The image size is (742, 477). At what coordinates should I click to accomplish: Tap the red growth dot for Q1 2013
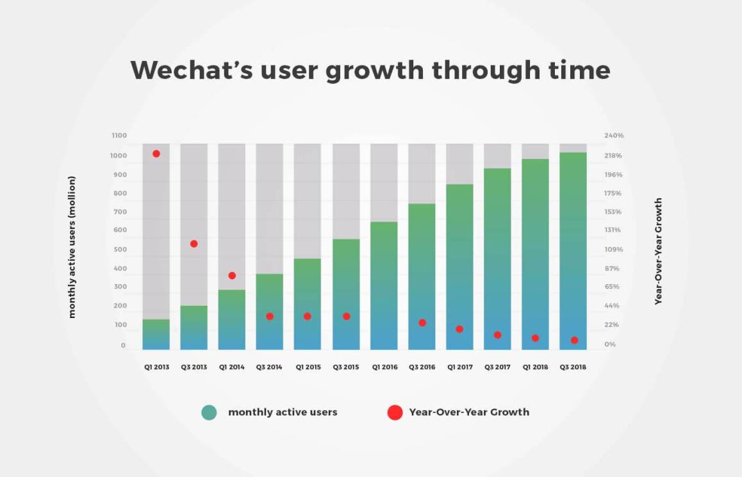point(156,154)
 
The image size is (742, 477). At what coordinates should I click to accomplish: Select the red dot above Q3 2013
point(194,244)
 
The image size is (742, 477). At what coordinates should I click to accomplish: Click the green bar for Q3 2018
point(573,250)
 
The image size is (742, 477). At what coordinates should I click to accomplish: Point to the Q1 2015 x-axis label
point(308,367)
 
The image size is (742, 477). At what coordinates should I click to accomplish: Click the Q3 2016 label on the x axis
point(422,367)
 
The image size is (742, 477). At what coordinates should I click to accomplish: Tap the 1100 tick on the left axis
point(119,136)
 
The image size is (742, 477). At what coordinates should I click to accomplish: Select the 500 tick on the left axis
point(119,249)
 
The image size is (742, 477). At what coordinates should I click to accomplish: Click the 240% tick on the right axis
point(614,136)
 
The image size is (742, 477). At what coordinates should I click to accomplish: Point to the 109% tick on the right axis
point(614,249)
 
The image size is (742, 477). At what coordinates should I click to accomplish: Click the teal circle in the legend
point(209,412)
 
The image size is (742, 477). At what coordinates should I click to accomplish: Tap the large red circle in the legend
point(395,412)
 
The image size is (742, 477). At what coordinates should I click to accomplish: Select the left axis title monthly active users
point(72,247)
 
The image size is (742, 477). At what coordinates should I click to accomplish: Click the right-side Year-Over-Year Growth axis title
point(658,251)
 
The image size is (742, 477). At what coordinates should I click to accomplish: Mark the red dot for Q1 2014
point(232,276)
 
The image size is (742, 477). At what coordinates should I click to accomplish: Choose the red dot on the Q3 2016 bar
point(422,322)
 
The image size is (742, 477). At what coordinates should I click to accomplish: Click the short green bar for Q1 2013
point(156,334)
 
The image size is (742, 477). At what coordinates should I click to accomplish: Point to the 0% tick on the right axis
point(611,345)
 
